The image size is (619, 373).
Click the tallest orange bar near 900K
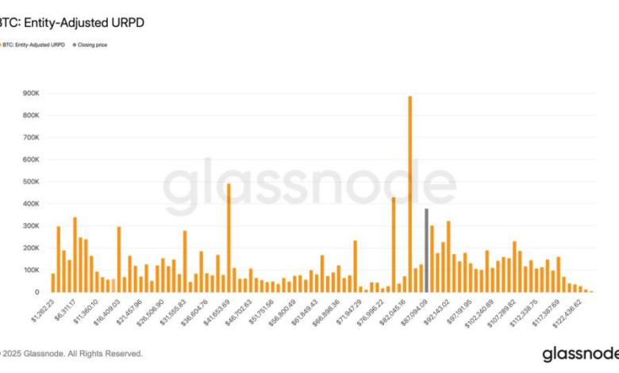(x=409, y=194)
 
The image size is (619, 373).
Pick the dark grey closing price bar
(x=426, y=250)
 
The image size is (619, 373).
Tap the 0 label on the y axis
(x=35, y=292)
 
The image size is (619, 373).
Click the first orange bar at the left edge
(x=53, y=283)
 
